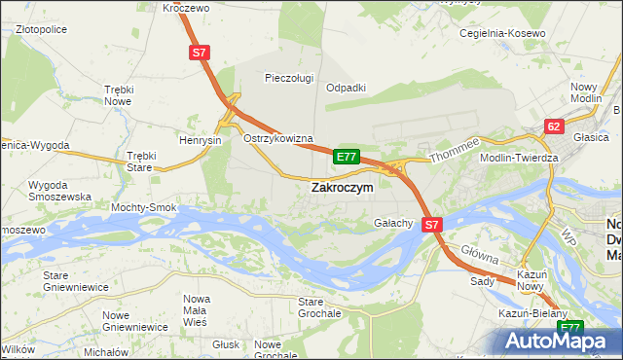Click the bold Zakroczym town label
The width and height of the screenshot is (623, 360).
(x=341, y=189)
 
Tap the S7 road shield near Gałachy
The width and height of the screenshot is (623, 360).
(x=433, y=224)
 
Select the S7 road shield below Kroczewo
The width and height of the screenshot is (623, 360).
(x=200, y=55)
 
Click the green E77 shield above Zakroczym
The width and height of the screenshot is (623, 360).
(x=347, y=156)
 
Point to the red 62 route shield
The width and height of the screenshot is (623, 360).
(x=554, y=126)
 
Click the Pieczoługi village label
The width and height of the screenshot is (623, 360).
(x=289, y=78)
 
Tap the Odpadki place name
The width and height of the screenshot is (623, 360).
(x=346, y=87)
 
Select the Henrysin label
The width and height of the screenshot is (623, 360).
(x=202, y=140)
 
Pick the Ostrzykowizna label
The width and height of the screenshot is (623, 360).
(x=277, y=139)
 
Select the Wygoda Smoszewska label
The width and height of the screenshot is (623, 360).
(x=60, y=190)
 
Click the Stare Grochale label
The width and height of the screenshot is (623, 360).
(x=319, y=307)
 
